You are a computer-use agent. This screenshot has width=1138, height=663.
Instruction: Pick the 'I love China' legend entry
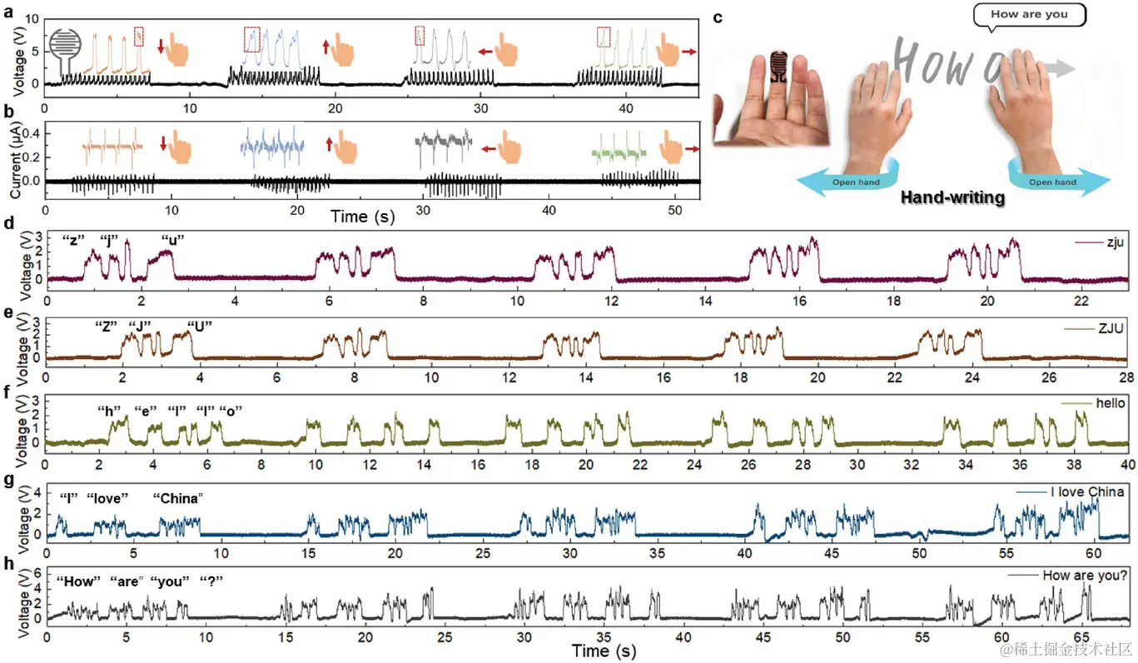[x=1071, y=491]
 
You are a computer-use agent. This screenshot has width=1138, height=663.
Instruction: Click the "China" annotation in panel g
[x=178, y=498]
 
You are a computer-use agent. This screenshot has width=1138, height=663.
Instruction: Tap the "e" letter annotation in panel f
[x=146, y=411]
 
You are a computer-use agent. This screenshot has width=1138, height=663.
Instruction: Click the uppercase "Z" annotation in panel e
[x=105, y=325]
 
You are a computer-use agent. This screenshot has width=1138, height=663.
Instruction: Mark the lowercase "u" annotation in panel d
[x=172, y=241]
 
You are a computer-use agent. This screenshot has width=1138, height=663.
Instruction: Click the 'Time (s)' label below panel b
[x=362, y=217]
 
